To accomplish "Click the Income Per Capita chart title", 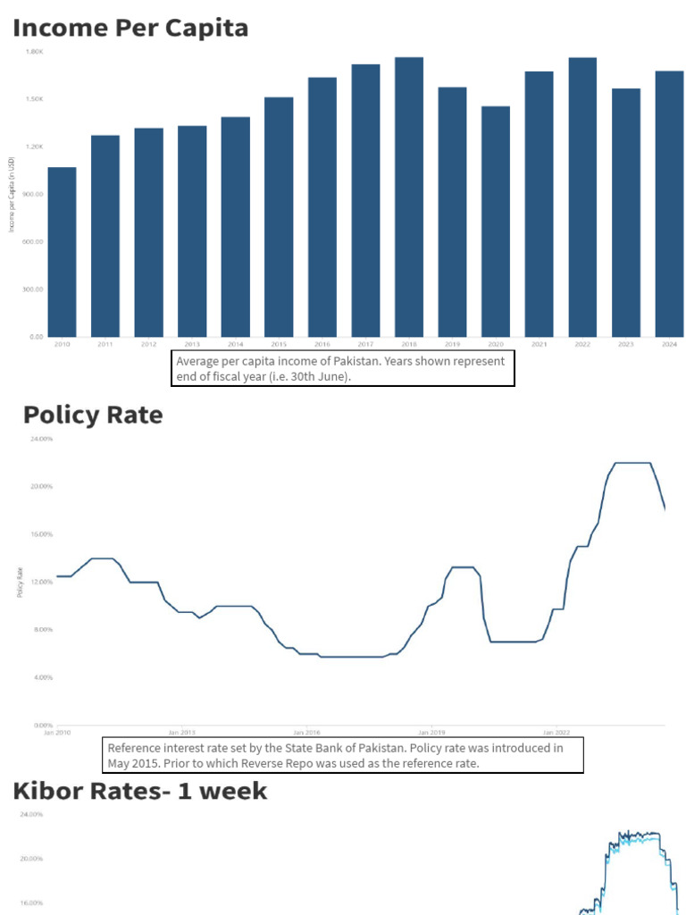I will (x=130, y=29).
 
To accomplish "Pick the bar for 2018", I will (x=408, y=197).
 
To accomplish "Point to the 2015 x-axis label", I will (x=279, y=344).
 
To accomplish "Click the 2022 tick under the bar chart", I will (x=582, y=344).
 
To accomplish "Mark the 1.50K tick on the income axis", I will (x=35, y=99).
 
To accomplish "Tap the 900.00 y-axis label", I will (x=34, y=194).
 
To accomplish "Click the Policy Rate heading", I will (x=93, y=416).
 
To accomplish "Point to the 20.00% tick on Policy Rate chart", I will (x=42, y=487).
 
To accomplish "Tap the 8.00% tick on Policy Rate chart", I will (x=43, y=630).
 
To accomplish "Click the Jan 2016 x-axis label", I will (x=307, y=731).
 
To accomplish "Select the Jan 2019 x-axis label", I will (x=431, y=731).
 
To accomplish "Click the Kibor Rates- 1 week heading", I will (x=139, y=791).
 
